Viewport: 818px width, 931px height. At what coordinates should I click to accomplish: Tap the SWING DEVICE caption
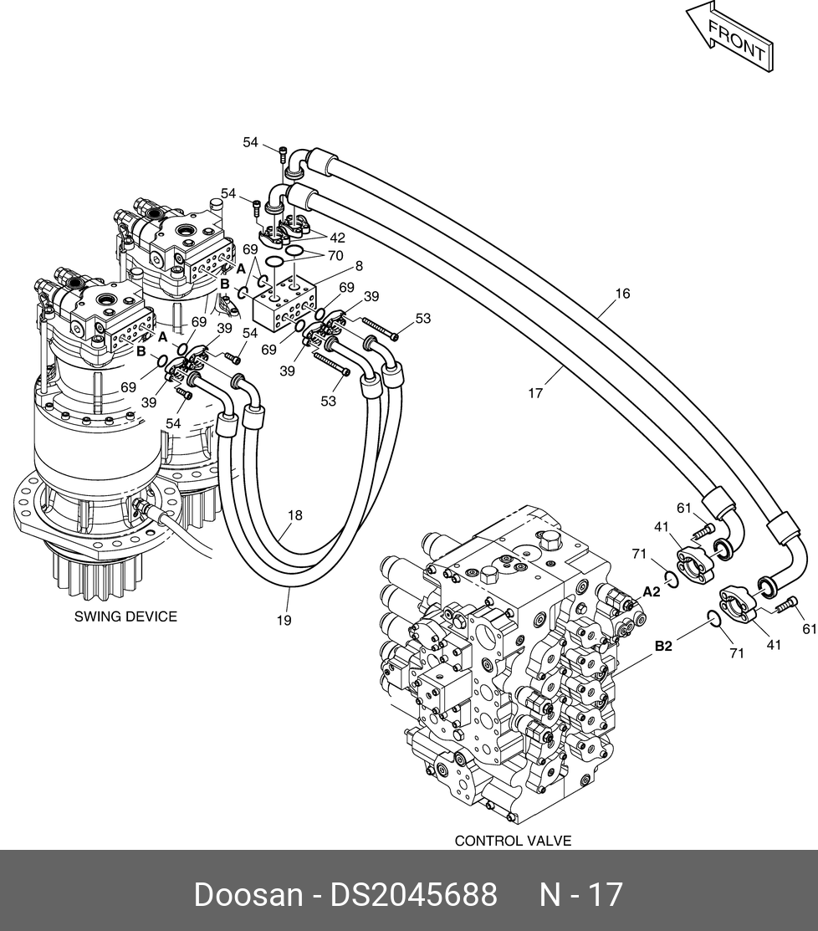(125, 616)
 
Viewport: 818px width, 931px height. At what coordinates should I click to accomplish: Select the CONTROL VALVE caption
(513, 840)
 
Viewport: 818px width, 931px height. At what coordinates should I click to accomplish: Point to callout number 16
(622, 294)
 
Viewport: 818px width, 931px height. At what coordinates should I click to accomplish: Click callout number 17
(535, 391)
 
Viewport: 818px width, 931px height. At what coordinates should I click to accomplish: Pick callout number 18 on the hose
(295, 515)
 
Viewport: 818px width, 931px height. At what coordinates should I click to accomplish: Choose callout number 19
(284, 620)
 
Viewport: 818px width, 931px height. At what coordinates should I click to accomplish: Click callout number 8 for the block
(359, 267)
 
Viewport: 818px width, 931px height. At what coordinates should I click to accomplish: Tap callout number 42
(337, 238)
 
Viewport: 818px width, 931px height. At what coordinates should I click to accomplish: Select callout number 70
(335, 256)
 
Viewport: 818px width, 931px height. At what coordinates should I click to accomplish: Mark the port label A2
(652, 591)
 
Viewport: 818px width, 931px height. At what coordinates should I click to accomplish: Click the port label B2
(663, 646)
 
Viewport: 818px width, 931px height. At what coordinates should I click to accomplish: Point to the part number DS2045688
(414, 894)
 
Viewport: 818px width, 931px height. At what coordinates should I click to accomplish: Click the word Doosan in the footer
(248, 894)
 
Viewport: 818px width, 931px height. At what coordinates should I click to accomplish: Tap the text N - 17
(580, 894)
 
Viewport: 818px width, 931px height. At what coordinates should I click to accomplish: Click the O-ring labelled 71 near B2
(713, 618)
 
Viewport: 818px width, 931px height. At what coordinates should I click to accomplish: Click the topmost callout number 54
(251, 142)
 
